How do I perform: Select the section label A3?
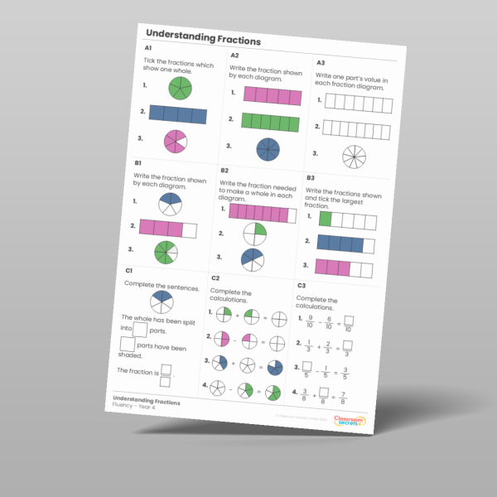pos(321,61)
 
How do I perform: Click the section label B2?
pos(224,171)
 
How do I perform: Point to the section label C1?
pos(129,270)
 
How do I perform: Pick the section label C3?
pos(301,286)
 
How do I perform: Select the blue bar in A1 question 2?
pos(178,114)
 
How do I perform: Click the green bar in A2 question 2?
pos(269,122)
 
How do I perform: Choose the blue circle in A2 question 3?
pos(268,149)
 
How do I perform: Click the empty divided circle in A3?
pos(354,156)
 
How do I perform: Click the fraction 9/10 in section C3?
pos(310,319)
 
